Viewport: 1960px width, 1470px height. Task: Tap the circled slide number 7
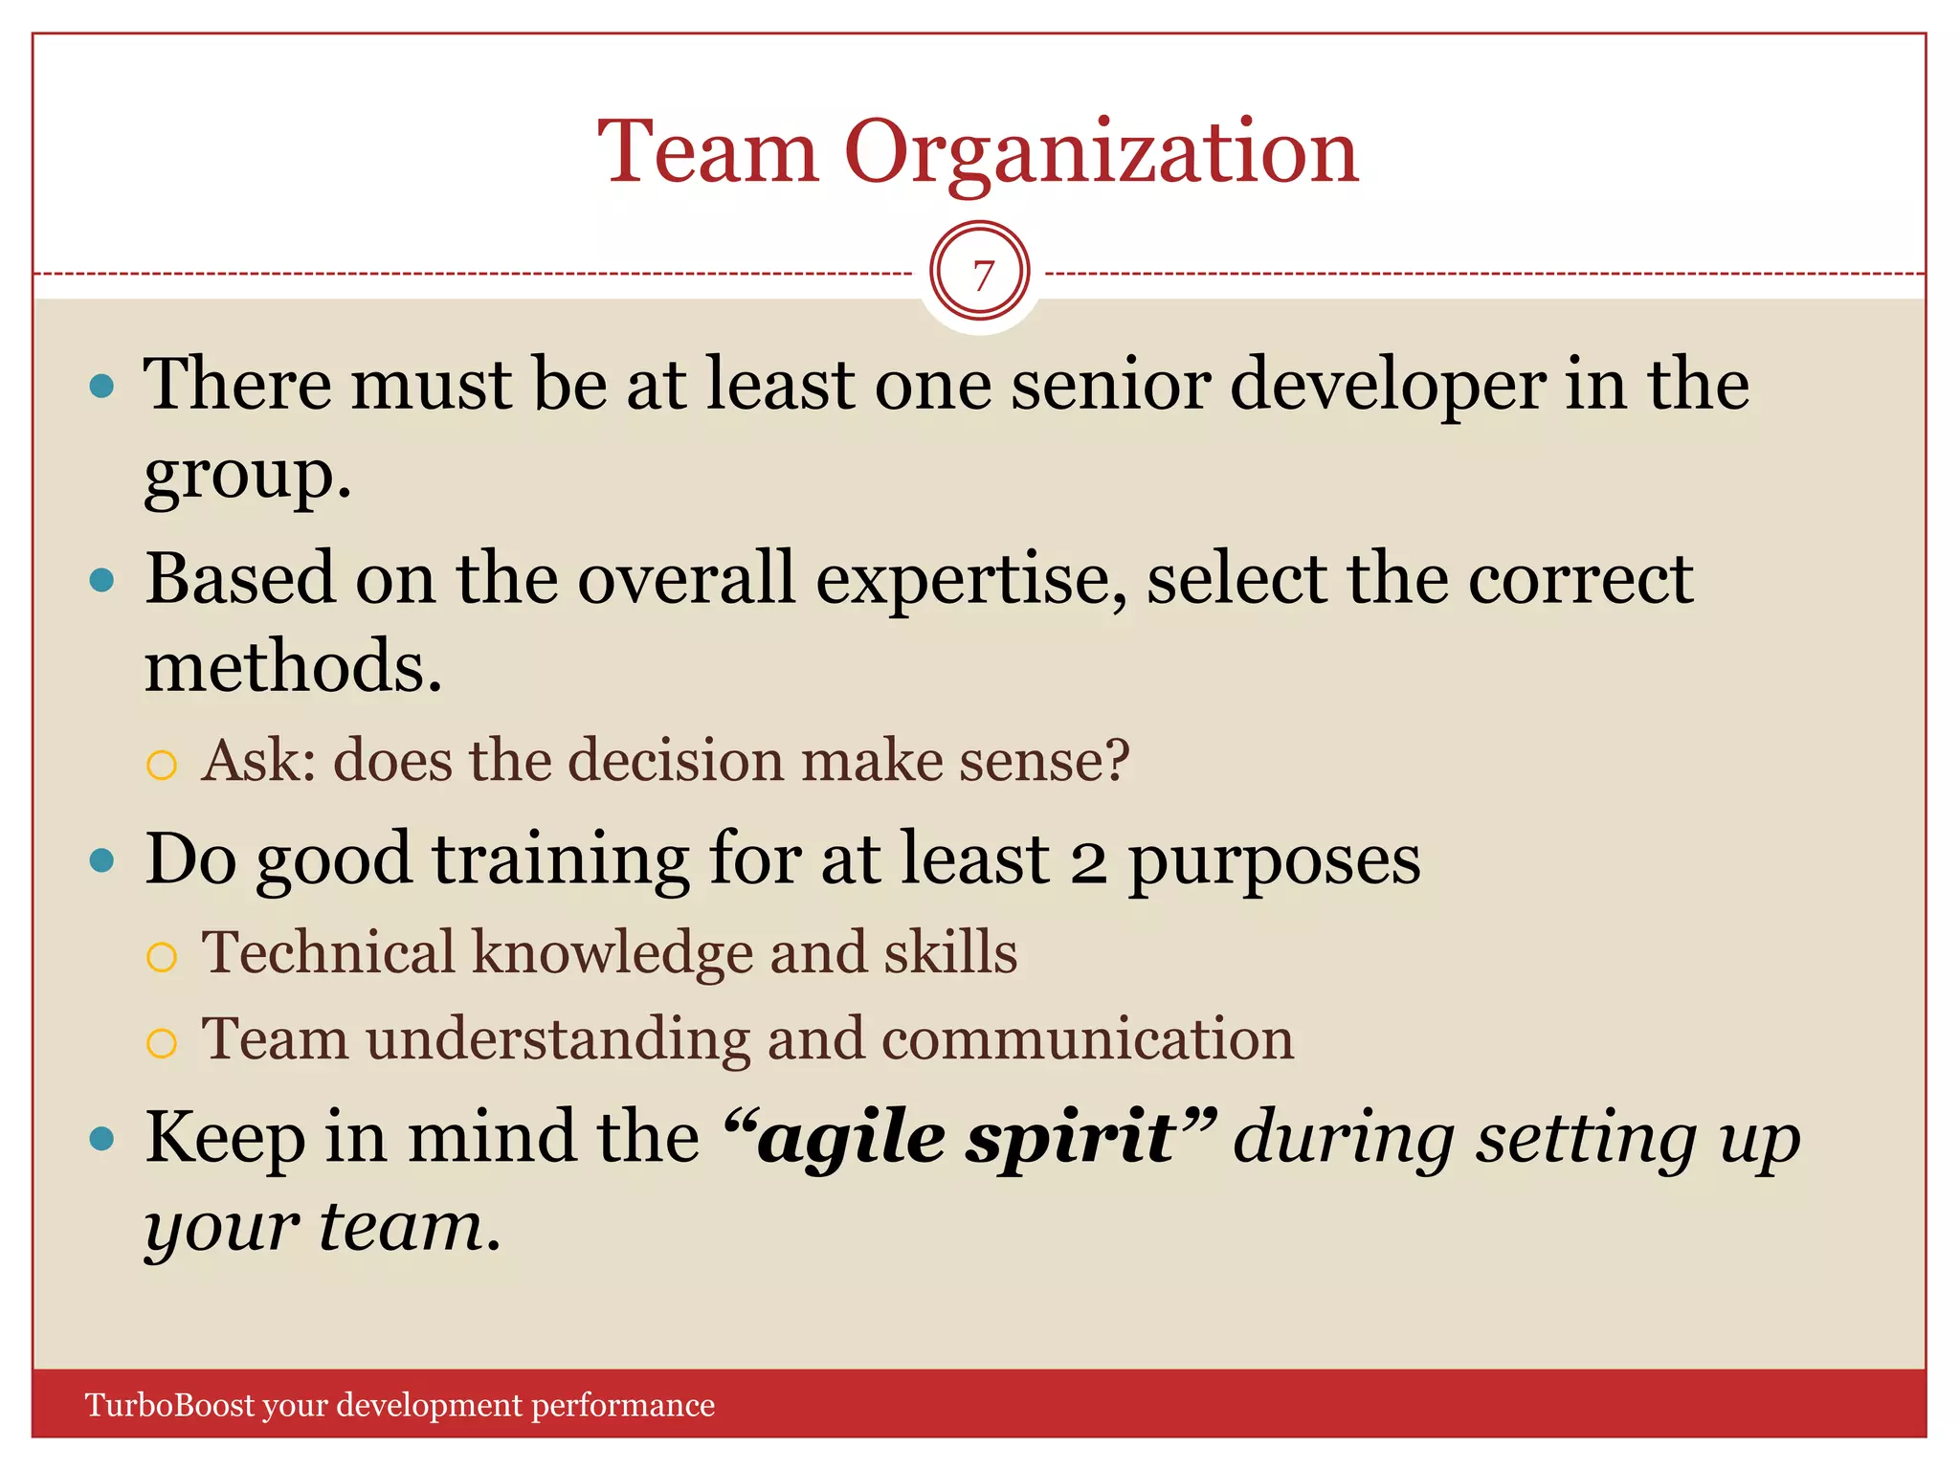980,275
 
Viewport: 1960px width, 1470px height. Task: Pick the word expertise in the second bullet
971,582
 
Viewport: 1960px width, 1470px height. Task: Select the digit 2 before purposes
1088,861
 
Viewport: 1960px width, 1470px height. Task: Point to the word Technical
328,953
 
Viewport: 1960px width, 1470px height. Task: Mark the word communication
1087,1040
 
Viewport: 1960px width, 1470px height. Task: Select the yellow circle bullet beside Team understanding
162,1043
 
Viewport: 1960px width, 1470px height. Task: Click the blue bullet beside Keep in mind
101,1139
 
